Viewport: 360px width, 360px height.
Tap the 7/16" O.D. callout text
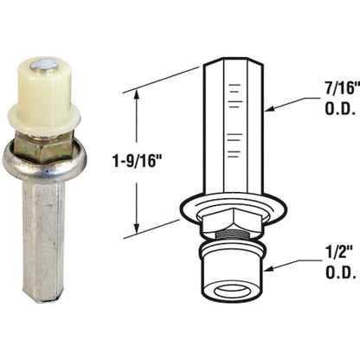[x=341, y=99]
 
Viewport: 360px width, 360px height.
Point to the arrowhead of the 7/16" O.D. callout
[x=271, y=109]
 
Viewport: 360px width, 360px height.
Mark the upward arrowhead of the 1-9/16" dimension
[x=137, y=95]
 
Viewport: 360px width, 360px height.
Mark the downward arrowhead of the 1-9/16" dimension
[x=137, y=227]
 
